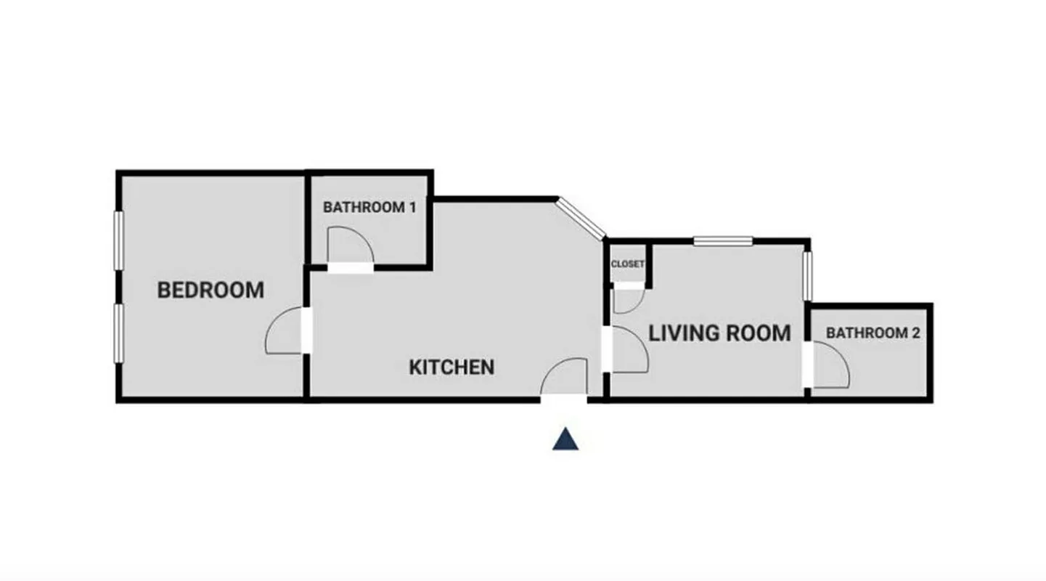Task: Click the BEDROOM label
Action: (x=211, y=290)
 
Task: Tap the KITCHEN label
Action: (x=452, y=367)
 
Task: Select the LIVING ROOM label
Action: (x=719, y=333)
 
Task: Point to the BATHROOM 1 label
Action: (x=369, y=207)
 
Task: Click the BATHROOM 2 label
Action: (x=873, y=333)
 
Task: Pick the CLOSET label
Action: (x=627, y=264)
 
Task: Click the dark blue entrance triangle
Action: (x=565, y=440)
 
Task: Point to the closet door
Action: (x=626, y=298)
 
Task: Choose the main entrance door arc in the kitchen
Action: (x=565, y=377)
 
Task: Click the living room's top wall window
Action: (x=723, y=241)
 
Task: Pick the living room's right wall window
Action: (x=808, y=275)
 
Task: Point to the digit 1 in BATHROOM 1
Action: (x=412, y=207)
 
